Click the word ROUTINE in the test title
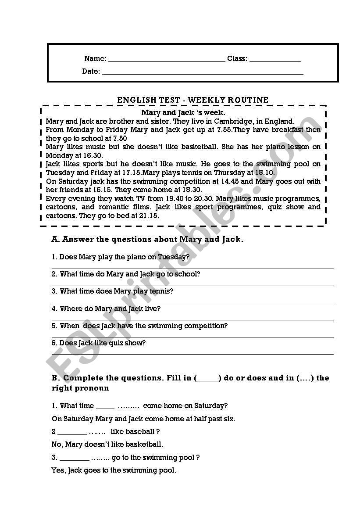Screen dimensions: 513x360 (247, 100)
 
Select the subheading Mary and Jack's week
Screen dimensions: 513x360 (183, 113)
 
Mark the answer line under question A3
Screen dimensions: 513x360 (192, 303)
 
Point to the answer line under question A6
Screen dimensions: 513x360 (192, 354)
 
